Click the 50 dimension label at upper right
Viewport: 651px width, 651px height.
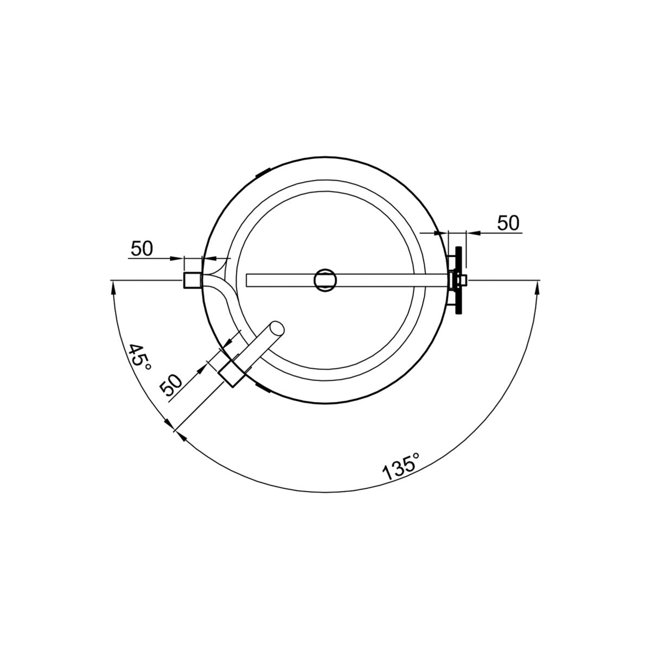click(x=508, y=223)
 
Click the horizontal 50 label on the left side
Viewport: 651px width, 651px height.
click(x=142, y=248)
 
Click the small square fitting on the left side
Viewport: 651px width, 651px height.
click(x=193, y=280)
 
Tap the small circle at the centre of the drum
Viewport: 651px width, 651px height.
click(x=325, y=280)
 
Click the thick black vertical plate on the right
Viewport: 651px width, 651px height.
click(x=458, y=280)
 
